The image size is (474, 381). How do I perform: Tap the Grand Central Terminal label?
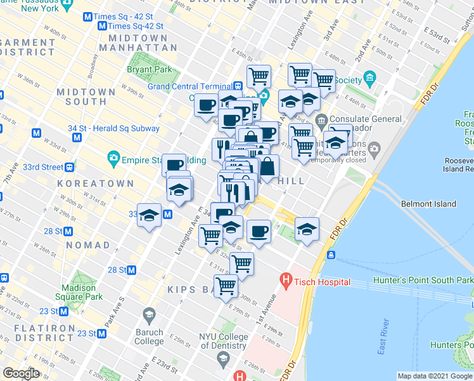(189, 86)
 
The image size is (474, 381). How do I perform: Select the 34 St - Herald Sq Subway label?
(113, 128)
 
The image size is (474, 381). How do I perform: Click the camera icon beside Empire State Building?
(113, 157)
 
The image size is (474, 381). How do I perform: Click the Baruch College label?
(149, 336)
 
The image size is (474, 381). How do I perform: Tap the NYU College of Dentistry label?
(222, 342)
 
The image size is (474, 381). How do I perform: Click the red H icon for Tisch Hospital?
(286, 279)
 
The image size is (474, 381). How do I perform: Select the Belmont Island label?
(428, 204)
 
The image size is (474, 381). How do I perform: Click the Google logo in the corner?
(21, 373)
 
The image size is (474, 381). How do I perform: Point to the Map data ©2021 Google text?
(434, 376)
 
